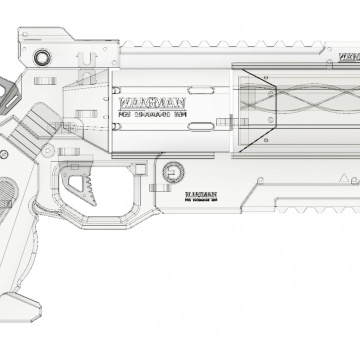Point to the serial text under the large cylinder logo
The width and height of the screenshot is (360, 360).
click(151, 114)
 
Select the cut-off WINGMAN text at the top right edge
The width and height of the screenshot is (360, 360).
click(349, 56)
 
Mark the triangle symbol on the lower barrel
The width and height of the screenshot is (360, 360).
click(344, 177)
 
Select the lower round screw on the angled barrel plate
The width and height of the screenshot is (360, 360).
click(270, 119)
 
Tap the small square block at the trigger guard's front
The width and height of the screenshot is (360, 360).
click(141, 166)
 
